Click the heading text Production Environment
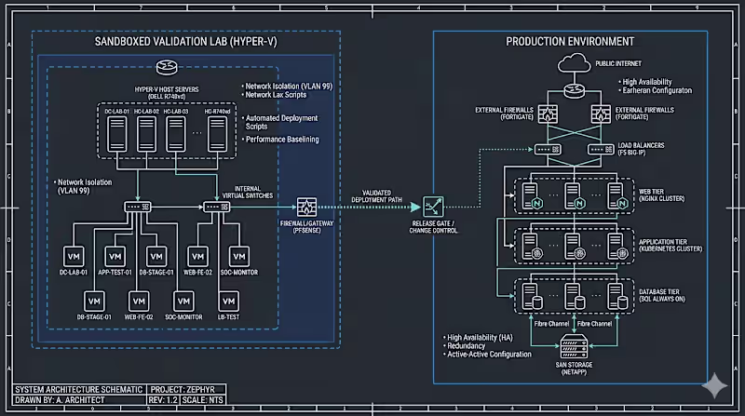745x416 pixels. (570, 42)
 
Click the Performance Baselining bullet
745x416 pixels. (281, 139)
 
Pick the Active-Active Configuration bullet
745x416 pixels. (489, 354)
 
